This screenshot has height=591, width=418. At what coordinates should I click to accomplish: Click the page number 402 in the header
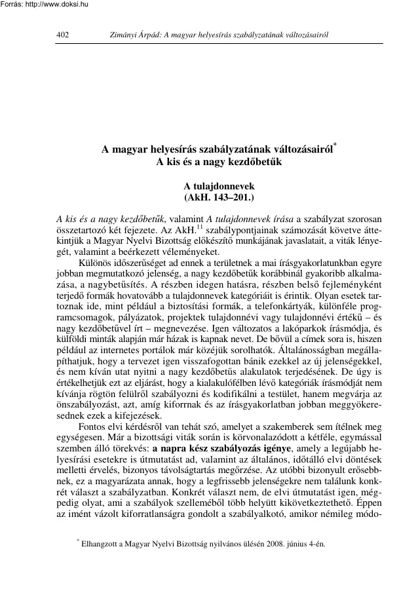[x=64, y=35]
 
